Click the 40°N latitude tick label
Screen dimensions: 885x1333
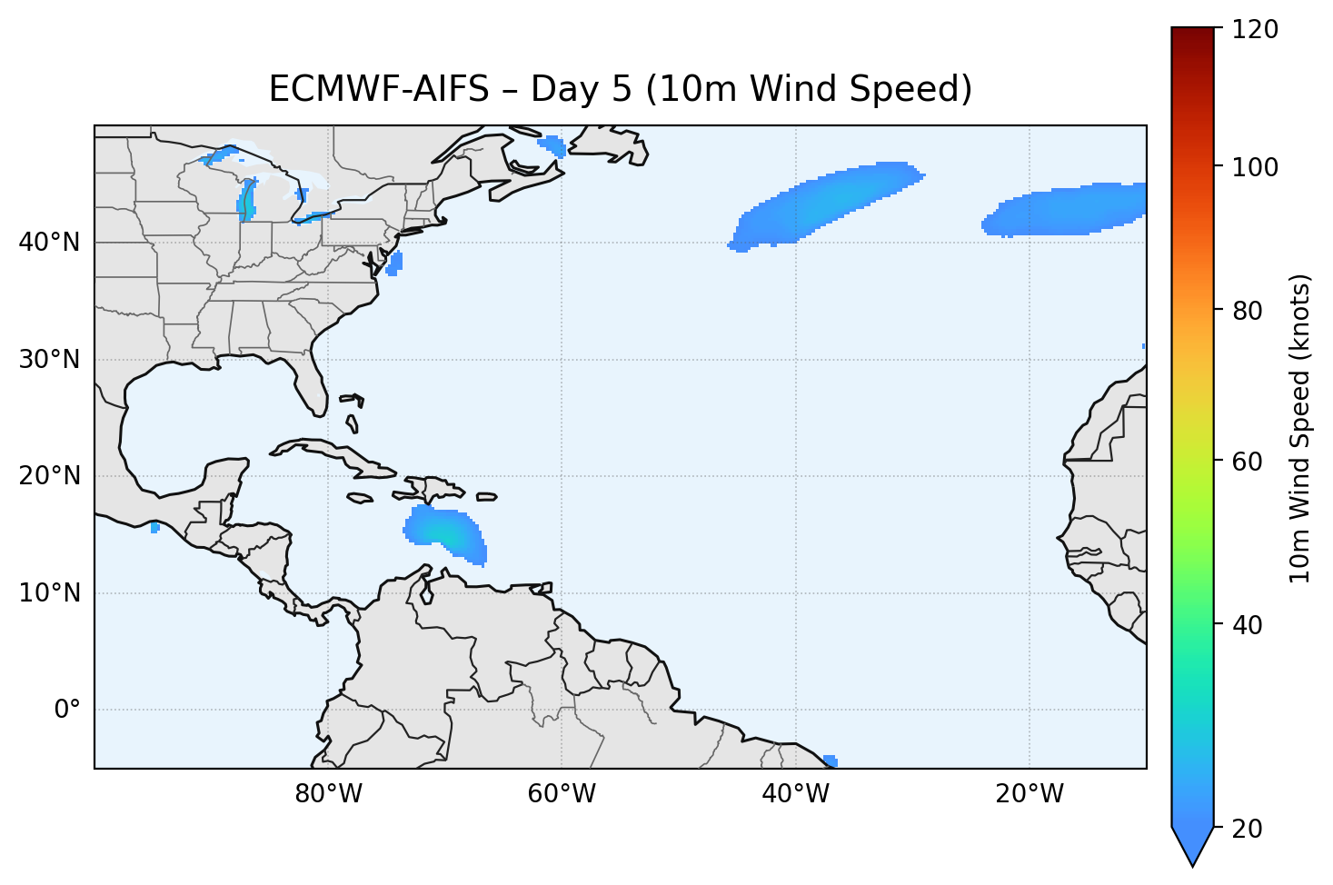point(49,243)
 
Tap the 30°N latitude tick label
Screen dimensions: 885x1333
point(49,360)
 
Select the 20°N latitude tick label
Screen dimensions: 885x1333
point(49,476)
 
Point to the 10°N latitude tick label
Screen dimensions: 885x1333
point(49,593)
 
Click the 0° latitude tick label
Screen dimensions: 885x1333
point(66,710)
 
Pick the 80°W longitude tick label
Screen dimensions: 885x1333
point(328,794)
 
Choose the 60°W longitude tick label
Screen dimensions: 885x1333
point(562,794)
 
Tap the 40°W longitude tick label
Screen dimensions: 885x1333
point(795,794)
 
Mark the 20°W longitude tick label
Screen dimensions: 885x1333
point(1029,794)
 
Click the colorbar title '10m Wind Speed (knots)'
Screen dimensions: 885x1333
point(1300,428)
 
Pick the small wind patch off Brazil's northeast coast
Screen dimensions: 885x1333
point(830,761)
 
